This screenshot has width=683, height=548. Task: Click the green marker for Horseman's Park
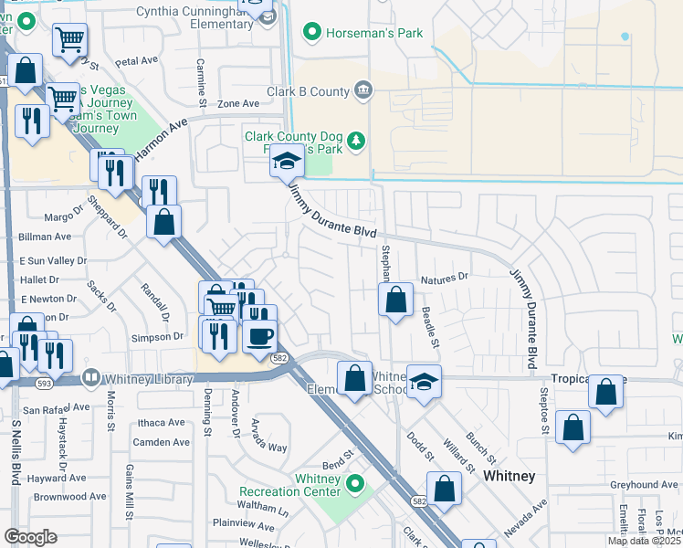click(312, 33)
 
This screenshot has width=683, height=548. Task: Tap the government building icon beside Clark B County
click(363, 90)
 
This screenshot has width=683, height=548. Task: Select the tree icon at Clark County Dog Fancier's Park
click(358, 140)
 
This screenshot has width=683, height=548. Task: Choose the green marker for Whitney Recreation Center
click(355, 484)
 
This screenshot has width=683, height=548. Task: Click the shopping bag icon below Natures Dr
click(395, 300)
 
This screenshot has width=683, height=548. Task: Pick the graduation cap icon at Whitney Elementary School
click(424, 381)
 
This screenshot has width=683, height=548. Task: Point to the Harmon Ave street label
click(160, 140)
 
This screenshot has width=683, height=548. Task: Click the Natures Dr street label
click(444, 277)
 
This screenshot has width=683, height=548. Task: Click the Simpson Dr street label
click(159, 337)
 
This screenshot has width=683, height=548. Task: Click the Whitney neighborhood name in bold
click(509, 477)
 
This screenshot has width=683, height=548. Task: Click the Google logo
click(30, 537)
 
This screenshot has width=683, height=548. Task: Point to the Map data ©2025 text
click(644, 541)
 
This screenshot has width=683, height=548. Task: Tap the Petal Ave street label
click(138, 61)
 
